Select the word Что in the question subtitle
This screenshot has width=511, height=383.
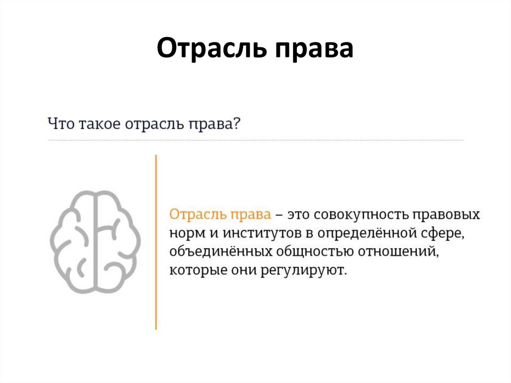60,122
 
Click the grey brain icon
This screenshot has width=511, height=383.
95,241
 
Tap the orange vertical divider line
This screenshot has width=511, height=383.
156,242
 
